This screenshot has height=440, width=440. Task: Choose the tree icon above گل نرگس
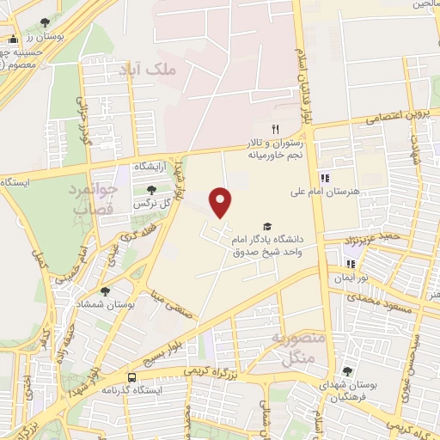tap(151, 190)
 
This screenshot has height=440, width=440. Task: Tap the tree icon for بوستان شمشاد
tap(105, 292)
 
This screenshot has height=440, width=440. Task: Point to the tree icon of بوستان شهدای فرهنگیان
tap(347, 371)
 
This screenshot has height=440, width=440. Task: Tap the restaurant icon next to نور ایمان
tap(350, 264)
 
